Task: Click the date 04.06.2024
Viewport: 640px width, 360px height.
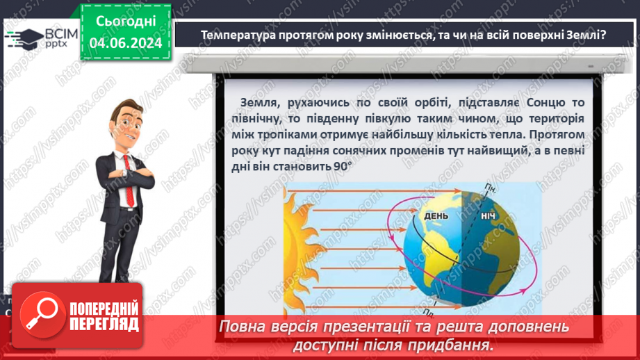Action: click(126, 43)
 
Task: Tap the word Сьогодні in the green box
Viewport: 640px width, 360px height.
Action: click(126, 22)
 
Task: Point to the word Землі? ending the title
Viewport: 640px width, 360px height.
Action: click(584, 35)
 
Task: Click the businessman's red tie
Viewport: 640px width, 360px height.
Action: click(127, 167)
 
